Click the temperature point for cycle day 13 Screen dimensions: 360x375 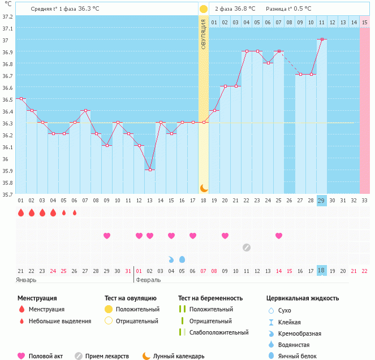(x=149, y=170)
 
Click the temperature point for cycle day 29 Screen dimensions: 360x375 (x=322, y=39)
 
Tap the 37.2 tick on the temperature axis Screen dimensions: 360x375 (x=8, y=16)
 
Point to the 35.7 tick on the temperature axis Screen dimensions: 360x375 (x=8, y=194)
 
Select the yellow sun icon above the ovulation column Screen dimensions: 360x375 (x=204, y=9)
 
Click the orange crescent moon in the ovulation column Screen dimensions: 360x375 (x=204, y=188)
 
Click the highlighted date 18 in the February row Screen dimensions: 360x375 (x=322, y=271)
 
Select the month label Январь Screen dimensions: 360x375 (x=26, y=280)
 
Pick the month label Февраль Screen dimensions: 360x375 (x=149, y=280)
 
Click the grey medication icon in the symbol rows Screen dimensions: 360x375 (x=247, y=247)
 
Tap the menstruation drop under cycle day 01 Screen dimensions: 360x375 (x=21, y=213)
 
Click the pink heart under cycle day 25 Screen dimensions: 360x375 (x=279, y=236)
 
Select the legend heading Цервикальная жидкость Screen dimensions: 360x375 (x=303, y=298)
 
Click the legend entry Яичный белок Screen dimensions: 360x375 (x=296, y=355)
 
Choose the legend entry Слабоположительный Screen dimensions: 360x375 (x=219, y=332)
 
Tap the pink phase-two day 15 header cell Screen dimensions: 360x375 (x=365, y=22)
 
